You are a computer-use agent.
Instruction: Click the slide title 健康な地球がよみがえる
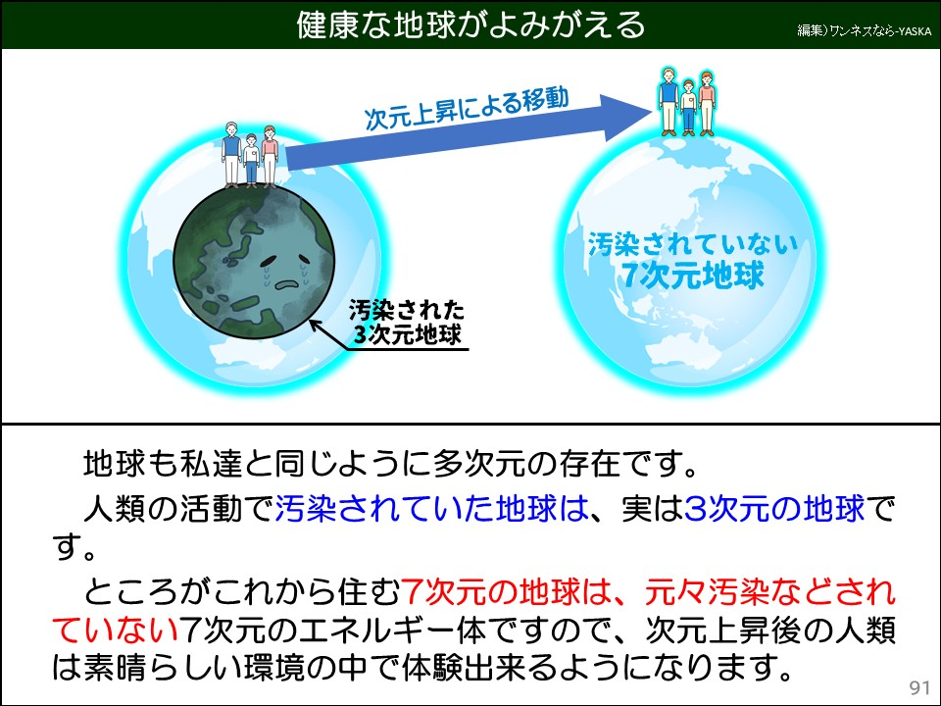(470, 25)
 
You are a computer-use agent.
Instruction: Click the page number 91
(918, 685)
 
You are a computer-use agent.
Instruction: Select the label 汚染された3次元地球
(407, 325)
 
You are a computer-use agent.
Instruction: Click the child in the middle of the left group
(251, 160)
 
